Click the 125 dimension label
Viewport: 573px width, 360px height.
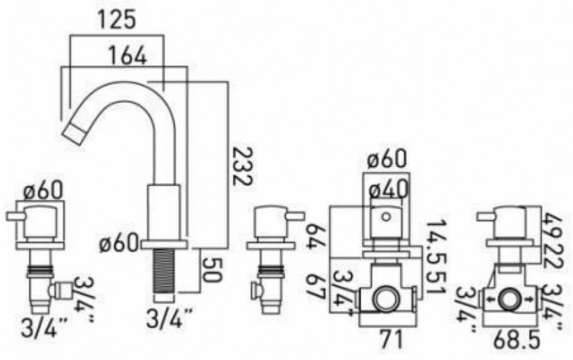[116, 19]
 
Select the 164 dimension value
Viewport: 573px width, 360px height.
[127, 56]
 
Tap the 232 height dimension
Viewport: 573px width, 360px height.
[243, 166]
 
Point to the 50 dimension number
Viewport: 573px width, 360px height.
[211, 270]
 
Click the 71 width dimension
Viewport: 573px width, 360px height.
[390, 339]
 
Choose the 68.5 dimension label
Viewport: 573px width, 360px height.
[516, 341]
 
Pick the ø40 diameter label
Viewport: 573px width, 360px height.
[387, 190]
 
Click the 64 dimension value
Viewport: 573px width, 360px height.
[315, 236]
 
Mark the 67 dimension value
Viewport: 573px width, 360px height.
[315, 286]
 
